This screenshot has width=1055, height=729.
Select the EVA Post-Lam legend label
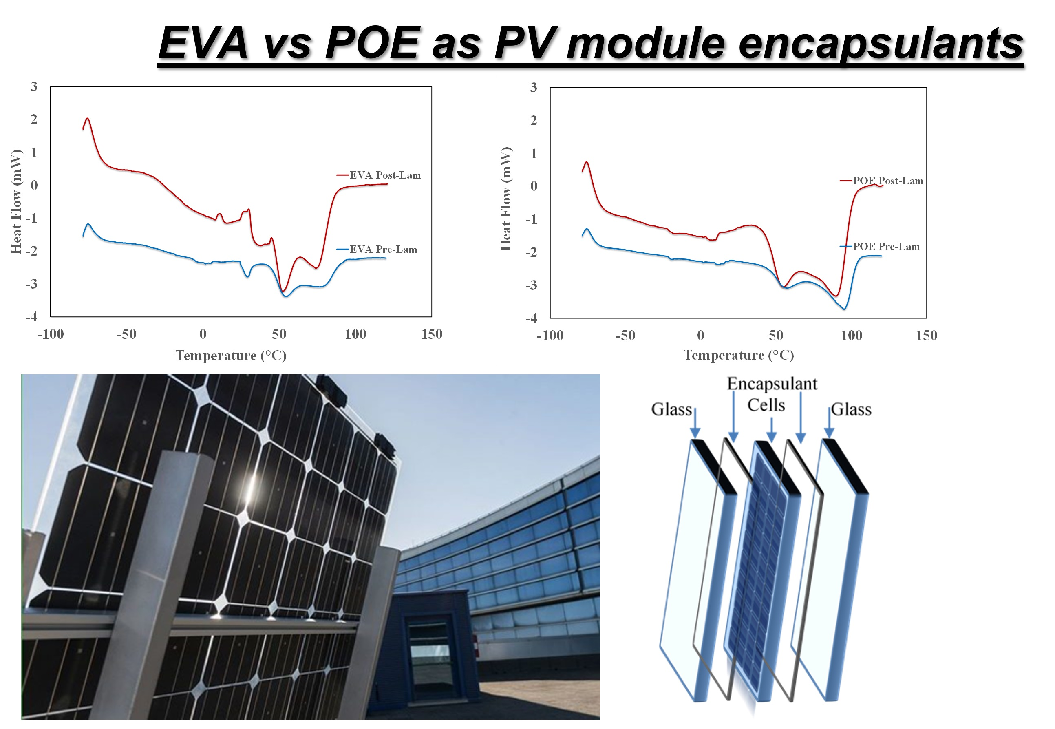click(x=384, y=175)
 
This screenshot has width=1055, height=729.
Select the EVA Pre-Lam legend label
click(x=383, y=250)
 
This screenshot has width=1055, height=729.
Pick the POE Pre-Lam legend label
click(x=885, y=247)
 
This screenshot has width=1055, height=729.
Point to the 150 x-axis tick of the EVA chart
click(x=431, y=334)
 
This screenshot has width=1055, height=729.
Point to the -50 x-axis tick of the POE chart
click(x=625, y=336)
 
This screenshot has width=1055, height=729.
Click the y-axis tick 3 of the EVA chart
click(x=34, y=86)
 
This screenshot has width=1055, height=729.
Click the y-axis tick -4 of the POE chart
click(x=531, y=318)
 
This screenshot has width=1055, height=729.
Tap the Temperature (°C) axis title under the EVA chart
click(x=231, y=356)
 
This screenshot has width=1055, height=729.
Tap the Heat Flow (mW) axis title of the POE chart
click(x=505, y=199)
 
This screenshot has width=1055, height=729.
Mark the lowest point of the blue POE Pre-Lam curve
click(x=844, y=309)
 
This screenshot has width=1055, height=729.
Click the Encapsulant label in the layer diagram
click(x=771, y=384)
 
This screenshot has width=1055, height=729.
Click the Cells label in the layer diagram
click(x=766, y=405)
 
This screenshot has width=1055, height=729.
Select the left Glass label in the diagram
click(x=671, y=409)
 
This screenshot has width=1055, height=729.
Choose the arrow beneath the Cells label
click(x=771, y=429)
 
